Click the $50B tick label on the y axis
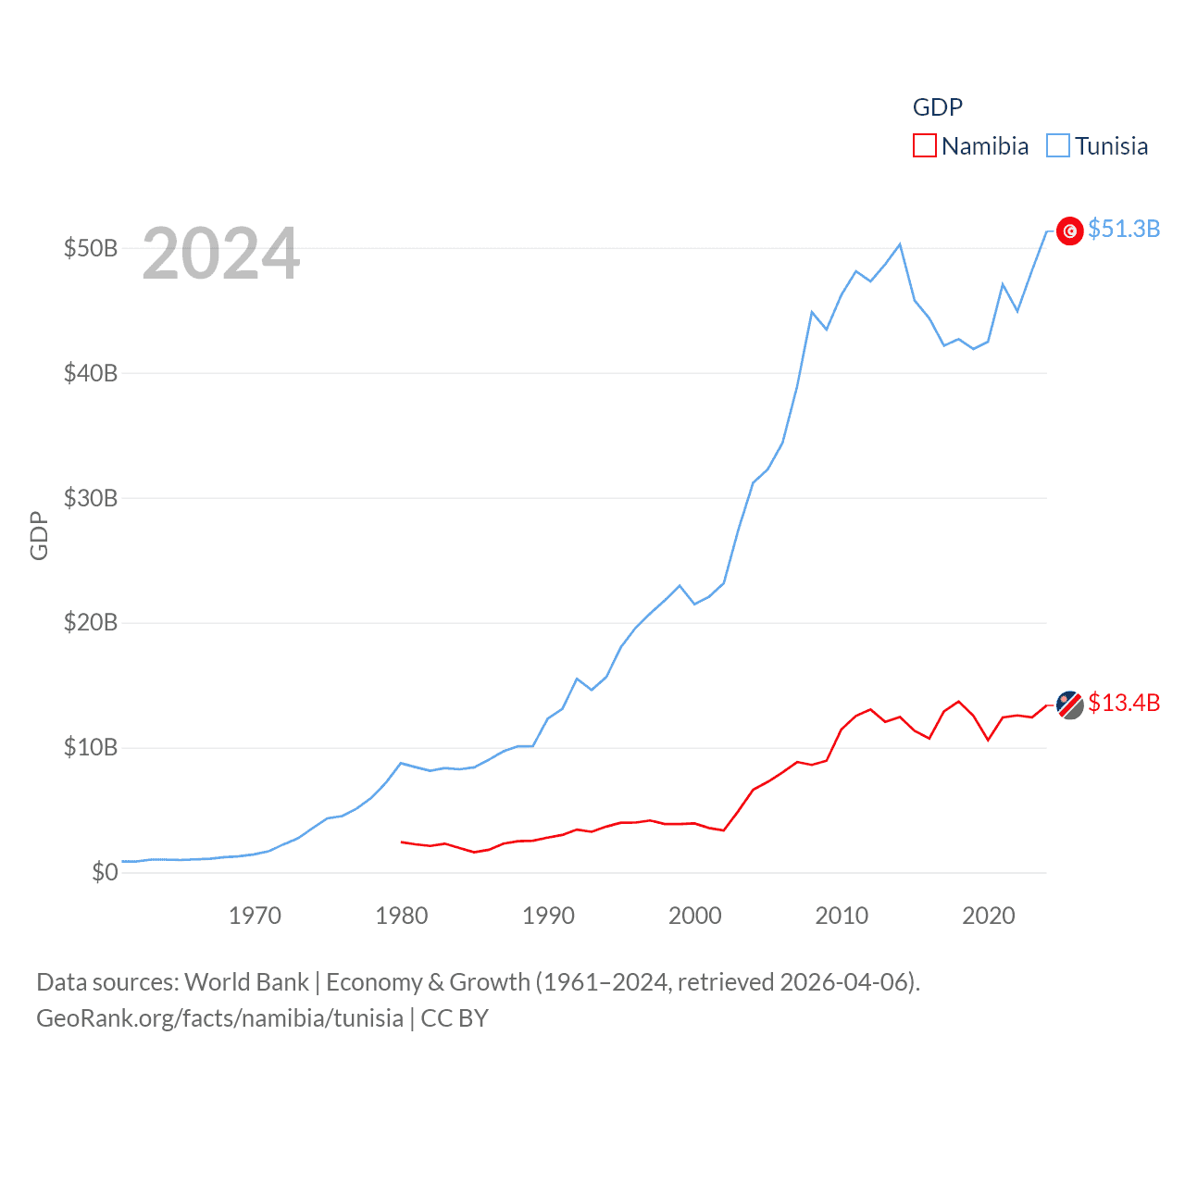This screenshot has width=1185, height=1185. click(91, 248)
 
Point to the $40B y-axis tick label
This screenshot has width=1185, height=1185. click(91, 373)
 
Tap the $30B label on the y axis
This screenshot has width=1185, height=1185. click(91, 498)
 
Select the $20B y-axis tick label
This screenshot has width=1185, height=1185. click(91, 622)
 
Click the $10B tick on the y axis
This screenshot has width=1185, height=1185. click(91, 747)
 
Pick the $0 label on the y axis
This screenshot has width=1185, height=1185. click(105, 872)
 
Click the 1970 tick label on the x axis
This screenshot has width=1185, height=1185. click(255, 916)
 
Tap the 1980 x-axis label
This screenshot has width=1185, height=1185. click(402, 916)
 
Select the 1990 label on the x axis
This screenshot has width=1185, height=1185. click(548, 916)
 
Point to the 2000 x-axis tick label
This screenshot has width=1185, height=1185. click(695, 916)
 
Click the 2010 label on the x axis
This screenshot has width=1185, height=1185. click(842, 916)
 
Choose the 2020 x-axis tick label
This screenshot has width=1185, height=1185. click(989, 916)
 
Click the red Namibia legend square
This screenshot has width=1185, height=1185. click(925, 145)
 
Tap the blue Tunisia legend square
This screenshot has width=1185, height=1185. click(1058, 145)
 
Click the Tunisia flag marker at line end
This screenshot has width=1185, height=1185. click(1069, 231)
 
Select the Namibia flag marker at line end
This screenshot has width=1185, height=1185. click(1069, 705)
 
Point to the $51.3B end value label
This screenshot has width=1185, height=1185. click(1124, 229)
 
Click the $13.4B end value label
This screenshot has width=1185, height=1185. click(1124, 703)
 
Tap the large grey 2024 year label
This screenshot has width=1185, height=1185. click(221, 254)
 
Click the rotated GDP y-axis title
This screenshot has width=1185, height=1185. click(39, 535)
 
